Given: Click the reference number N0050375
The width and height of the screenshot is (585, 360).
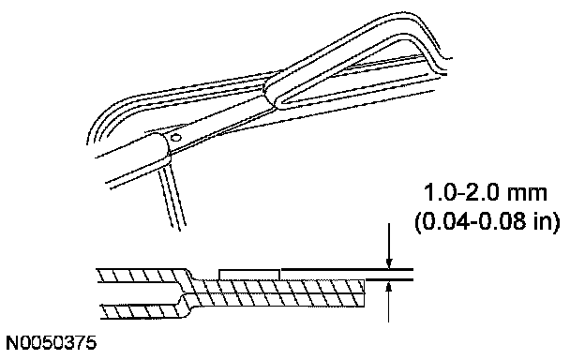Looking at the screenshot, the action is click(x=52, y=343).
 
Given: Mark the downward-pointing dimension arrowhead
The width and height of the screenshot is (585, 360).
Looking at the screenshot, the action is click(x=389, y=262).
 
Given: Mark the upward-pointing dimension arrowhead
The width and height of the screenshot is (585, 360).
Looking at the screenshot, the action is click(x=389, y=287).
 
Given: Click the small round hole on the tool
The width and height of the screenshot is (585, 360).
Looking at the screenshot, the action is click(x=175, y=138).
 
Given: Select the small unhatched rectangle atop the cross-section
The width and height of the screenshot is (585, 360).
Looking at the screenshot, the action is click(x=248, y=274).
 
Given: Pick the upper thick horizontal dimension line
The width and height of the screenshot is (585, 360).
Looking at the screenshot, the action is click(x=347, y=269).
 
